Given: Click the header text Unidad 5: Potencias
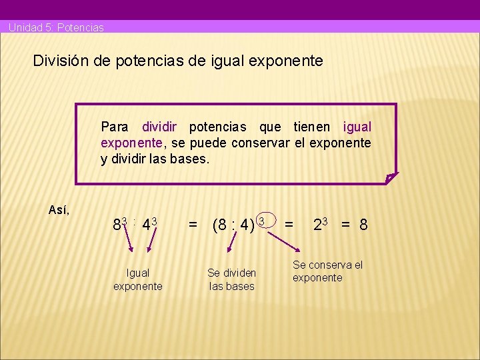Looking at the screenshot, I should (x=56, y=27).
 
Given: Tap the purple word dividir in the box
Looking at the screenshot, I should (x=160, y=127).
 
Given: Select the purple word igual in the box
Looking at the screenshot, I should (x=357, y=127).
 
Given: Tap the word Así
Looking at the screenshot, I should (x=59, y=210).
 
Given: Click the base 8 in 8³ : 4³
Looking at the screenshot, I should (x=117, y=225).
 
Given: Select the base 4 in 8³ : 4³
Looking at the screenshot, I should (x=146, y=225).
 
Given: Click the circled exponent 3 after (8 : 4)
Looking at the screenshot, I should (x=262, y=221).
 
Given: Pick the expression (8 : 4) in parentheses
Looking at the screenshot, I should (x=233, y=225).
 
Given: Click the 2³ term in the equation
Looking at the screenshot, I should (x=323, y=225).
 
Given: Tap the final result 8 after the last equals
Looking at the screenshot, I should (x=363, y=225).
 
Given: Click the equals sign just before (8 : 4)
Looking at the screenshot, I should (x=193, y=225).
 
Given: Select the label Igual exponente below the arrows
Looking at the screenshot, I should (x=137, y=279).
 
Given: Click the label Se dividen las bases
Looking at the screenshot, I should (x=231, y=279).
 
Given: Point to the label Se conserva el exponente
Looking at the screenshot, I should (x=327, y=271).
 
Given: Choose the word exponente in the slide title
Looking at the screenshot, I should (x=285, y=61).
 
